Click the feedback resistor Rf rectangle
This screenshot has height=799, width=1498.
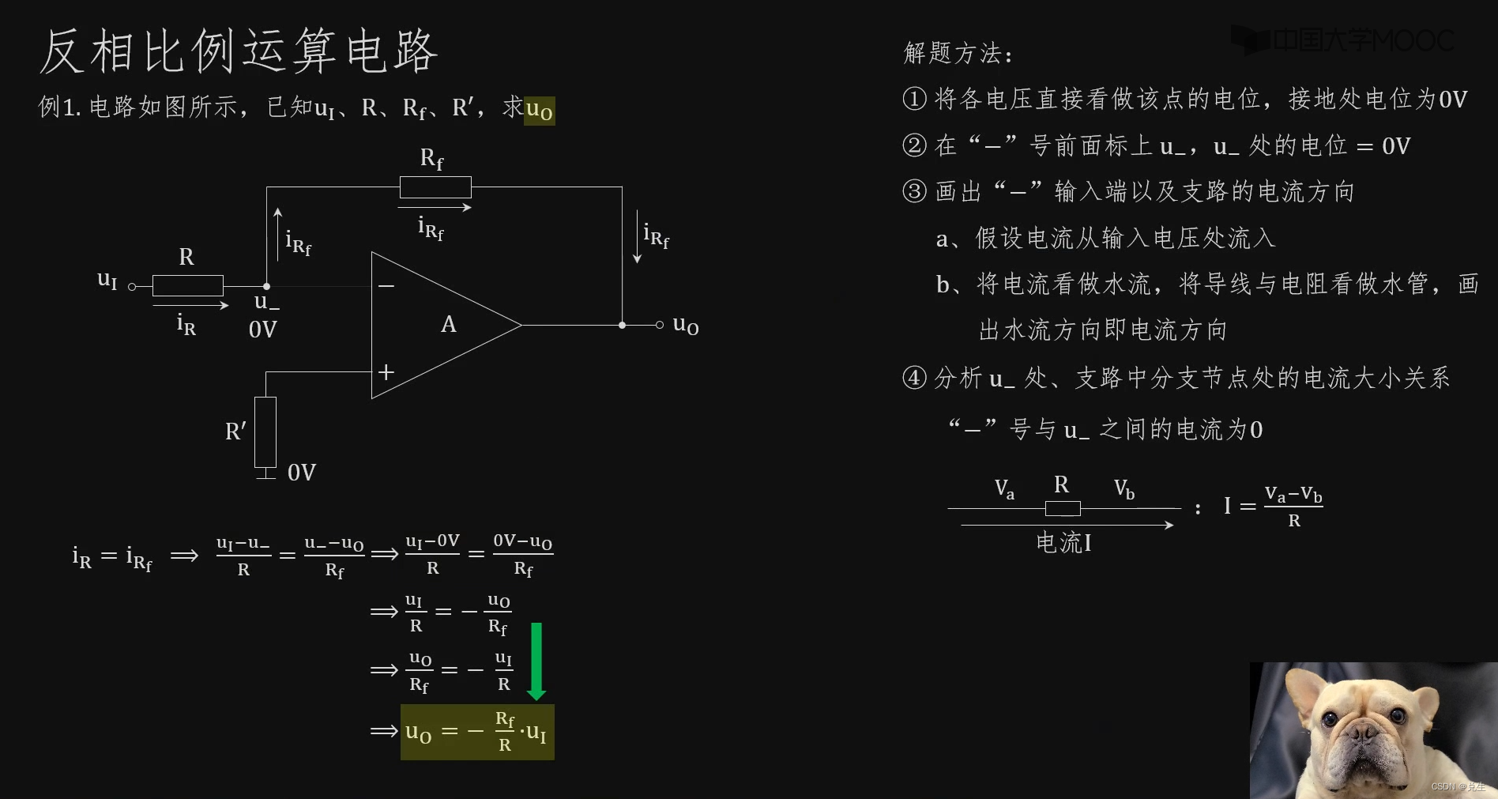pyautogui.click(x=435, y=187)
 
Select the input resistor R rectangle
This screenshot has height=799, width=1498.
pyautogui.click(x=187, y=285)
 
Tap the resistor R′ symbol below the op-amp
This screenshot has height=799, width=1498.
pyautogui.click(x=265, y=432)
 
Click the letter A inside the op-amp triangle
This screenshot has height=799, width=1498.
pyautogui.click(x=448, y=325)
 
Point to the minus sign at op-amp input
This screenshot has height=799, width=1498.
pyautogui.click(x=386, y=285)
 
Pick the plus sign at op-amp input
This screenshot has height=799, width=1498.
pyautogui.click(x=386, y=371)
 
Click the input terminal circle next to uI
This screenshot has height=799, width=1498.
pyautogui.click(x=132, y=286)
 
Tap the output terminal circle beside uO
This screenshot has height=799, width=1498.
pyautogui.click(x=660, y=325)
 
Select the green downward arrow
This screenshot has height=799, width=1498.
pyautogui.click(x=536, y=661)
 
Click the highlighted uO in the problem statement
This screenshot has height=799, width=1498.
pyautogui.click(x=539, y=110)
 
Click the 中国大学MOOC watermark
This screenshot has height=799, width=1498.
pyautogui.click(x=1343, y=40)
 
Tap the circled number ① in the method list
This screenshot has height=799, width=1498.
pyautogui.click(x=914, y=99)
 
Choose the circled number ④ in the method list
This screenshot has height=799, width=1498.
pyautogui.click(x=914, y=378)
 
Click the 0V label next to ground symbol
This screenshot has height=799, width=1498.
pyautogui.click(x=301, y=473)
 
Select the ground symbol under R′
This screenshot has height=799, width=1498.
pyautogui.click(x=265, y=474)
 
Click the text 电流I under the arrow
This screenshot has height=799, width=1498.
pyautogui.click(x=1063, y=543)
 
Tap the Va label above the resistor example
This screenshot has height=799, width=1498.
pyautogui.click(x=1004, y=489)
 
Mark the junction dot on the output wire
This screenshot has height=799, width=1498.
pyautogui.click(x=623, y=325)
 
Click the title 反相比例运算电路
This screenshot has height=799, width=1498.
pyautogui.click(x=238, y=51)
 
